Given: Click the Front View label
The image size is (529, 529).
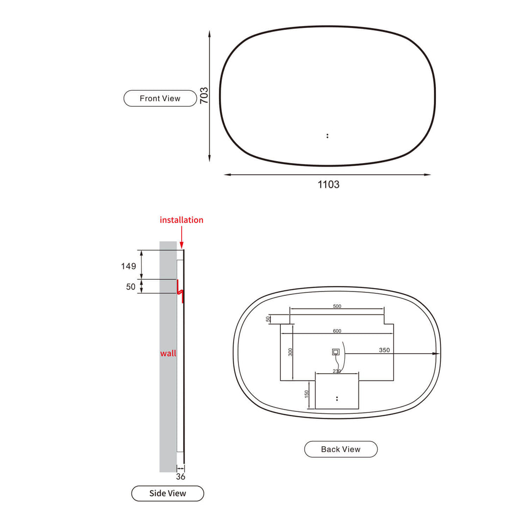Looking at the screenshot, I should pos(160,98).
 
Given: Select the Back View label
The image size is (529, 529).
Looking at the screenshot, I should pos(340,449).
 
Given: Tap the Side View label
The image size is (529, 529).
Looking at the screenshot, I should pos(168,493).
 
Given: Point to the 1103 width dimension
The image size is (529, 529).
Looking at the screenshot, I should pos(328,185).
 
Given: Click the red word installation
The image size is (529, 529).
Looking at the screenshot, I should pos(181,220).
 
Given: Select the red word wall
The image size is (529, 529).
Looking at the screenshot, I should pos(168,353).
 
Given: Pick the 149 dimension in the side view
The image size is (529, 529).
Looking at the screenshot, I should pos(129,266).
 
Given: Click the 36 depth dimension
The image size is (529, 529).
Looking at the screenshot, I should pos(180,476).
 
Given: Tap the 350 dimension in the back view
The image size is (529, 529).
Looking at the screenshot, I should pos(384,350).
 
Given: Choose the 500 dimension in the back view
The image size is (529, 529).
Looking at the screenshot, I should pos(337,306).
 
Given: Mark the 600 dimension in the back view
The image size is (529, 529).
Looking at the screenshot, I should pos(337,331).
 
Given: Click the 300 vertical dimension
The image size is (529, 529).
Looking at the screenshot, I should pos(290,352).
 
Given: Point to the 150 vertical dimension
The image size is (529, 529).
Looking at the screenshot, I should pos(307,394).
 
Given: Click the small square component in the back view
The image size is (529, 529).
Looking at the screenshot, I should pos(336,352).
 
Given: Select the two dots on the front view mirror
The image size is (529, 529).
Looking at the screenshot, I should pos(327,136).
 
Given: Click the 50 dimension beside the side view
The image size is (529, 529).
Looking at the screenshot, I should pos(130,287).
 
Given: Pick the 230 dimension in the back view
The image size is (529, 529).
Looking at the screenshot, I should pos(337,371).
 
